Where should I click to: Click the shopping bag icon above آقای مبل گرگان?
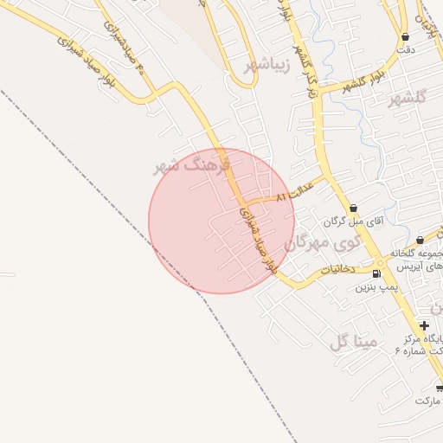[354, 208]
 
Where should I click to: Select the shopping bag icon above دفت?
[406, 37]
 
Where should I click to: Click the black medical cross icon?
[424, 325]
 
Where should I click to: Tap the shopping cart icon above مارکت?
[440, 388]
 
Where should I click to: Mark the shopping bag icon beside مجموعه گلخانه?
[420, 240]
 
